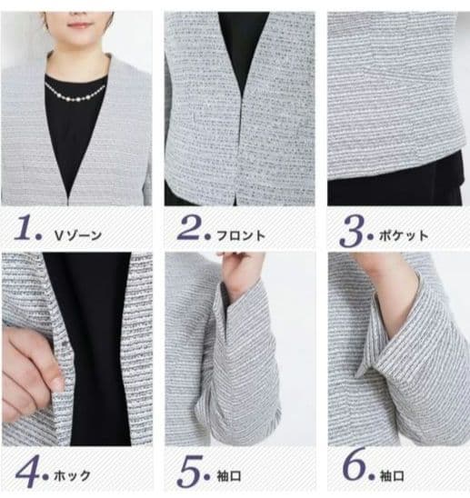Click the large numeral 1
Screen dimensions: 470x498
25,227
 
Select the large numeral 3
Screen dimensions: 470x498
351,230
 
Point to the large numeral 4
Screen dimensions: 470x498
27,472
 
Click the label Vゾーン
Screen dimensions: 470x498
78,235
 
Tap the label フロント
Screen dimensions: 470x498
241,235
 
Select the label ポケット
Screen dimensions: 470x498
404,236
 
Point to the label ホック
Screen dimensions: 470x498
73,476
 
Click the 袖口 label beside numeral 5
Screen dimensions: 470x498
229,476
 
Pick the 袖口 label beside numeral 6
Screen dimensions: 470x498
392,476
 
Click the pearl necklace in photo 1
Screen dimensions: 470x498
75,93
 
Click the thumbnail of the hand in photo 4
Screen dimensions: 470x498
58,383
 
